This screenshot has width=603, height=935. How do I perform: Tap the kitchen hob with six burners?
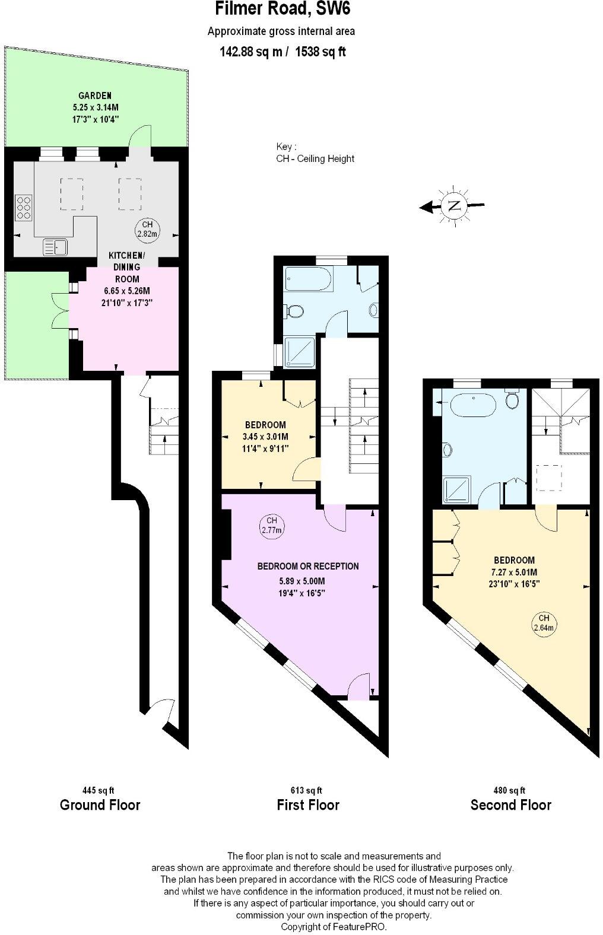coord(24,208)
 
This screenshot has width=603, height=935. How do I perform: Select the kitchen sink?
coord(55,246)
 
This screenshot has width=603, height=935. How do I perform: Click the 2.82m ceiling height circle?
coord(147,229)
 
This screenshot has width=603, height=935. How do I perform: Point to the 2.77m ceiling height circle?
coord(272,525)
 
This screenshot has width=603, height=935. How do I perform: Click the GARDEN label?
coord(95,96)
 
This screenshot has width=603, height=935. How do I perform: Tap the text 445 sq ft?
coord(98,790)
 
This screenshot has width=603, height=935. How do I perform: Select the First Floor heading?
coord(308,805)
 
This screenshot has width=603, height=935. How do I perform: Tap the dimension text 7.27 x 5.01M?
coord(513,573)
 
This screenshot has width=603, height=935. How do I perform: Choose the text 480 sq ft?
coord(509,790)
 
